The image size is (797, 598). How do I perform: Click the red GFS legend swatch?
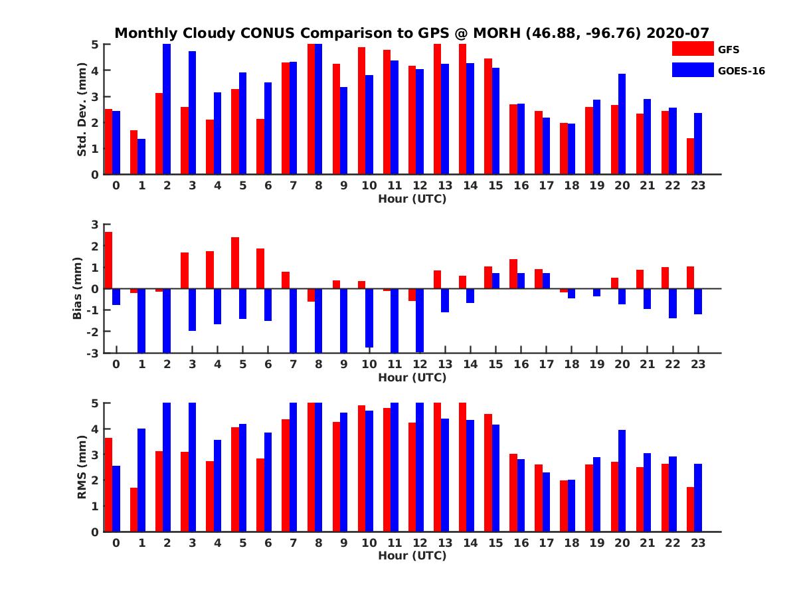click(x=693, y=49)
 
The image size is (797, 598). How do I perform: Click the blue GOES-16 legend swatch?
click(x=693, y=70)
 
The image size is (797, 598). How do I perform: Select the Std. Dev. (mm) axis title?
click(x=82, y=110)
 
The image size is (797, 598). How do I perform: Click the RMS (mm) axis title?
click(x=82, y=467)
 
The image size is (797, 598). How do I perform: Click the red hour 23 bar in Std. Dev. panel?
click(x=691, y=156)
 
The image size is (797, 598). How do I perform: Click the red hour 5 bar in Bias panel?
click(x=235, y=263)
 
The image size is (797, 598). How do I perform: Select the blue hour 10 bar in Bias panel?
click(x=369, y=318)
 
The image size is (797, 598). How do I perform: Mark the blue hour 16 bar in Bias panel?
click(x=521, y=281)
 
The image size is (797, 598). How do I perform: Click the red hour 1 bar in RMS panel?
click(x=133, y=510)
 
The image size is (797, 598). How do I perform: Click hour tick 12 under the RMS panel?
click(x=420, y=543)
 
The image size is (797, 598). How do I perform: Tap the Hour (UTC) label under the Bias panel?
click(x=412, y=377)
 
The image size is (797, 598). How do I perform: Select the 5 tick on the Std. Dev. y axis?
click(x=96, y=45)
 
